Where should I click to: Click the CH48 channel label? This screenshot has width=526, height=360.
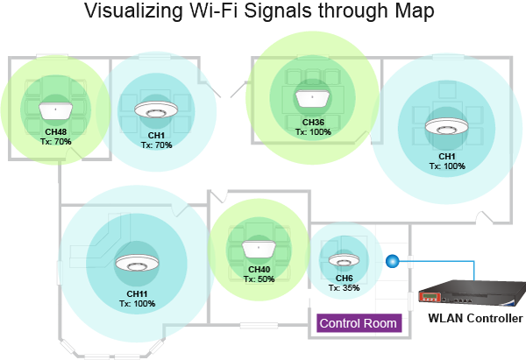pos(56,132)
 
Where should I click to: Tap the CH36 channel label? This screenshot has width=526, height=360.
pos(313,123)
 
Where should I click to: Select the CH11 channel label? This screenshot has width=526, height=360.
pos(137,294)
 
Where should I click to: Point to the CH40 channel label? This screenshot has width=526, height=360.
pos(259,270)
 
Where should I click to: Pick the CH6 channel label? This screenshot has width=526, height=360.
pos(345,279)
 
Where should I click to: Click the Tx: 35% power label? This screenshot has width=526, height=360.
pos(345,288)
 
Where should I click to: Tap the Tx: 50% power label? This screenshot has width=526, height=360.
pos(259,279)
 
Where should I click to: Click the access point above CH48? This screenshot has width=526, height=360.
pos(56,111)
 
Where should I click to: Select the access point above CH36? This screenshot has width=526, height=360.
pos(312,99)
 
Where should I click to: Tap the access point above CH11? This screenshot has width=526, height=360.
pos(137,263)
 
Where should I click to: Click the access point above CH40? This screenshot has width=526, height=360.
pos(259,250)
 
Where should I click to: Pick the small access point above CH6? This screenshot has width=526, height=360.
pos(344,260)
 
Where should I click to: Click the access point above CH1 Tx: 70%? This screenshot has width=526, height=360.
pos(156,110)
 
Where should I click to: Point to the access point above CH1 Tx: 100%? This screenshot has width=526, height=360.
pos(446,127)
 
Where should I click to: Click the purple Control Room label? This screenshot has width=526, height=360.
pos(359,323)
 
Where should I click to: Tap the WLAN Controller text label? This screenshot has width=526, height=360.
pos(475,318)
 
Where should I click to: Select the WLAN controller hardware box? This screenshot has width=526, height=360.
pos(473,293)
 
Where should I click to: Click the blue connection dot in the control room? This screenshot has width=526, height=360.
pos(392,261)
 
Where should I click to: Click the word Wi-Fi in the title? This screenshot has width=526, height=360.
pos(214,11)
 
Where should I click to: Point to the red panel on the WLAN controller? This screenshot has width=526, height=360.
pos(430,297)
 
